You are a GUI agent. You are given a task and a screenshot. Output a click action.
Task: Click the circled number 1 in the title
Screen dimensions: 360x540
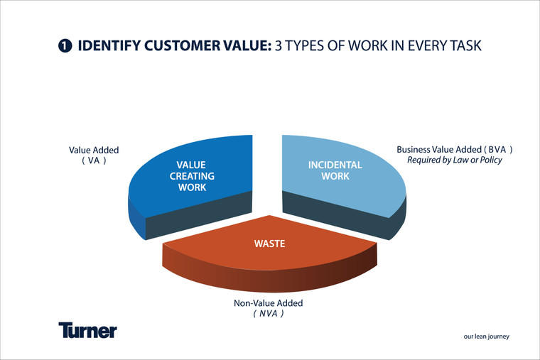point(65,47)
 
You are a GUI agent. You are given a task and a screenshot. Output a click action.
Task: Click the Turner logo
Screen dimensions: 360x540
point(87,330)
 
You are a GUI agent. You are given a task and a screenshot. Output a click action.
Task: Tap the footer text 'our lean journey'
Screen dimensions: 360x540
point(487,337)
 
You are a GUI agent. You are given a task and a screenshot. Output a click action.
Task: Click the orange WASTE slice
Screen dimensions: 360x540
point(270,252)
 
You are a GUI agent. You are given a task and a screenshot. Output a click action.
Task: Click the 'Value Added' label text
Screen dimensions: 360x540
point(94,151)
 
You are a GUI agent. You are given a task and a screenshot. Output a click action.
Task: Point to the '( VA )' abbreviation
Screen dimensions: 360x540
point(94,160)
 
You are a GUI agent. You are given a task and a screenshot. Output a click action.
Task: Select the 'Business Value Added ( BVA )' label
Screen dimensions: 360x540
point(454,150)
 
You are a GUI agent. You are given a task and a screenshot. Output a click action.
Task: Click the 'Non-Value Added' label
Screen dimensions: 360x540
point(269,303)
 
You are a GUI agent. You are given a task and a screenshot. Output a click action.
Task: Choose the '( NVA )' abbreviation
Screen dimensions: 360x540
point(269,313)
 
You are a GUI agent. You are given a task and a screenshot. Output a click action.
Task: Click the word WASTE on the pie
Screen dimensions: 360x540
point(269,244)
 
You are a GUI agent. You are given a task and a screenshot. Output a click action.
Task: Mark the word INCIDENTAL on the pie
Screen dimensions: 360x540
point(335,165)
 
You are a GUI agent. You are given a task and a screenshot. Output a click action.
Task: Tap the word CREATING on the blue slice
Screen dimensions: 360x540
point(192,176)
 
